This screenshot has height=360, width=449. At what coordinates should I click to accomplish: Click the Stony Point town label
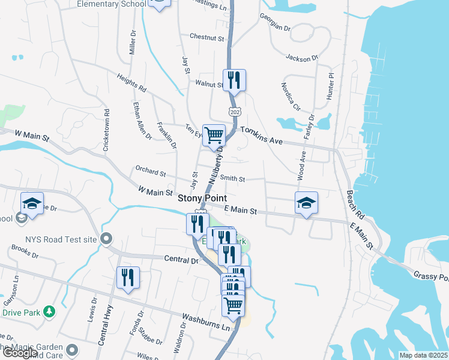coord(202,198)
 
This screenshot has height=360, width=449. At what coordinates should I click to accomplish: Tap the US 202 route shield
coord(234,112)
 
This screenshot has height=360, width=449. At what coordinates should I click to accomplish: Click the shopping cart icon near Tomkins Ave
coord(214,135)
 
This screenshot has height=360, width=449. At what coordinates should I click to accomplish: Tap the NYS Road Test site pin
coord(106,239)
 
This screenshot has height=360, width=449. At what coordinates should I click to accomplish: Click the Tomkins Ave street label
coord(261,134)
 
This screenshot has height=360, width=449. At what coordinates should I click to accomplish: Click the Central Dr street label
coord(181,260)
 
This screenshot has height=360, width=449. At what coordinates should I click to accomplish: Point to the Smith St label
coord(232,178)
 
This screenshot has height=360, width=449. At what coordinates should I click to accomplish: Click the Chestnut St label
coord(206,37)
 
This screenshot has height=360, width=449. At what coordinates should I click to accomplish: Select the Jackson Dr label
coord(301,58)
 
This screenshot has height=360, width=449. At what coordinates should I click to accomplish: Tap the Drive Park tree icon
coord(50,311)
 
